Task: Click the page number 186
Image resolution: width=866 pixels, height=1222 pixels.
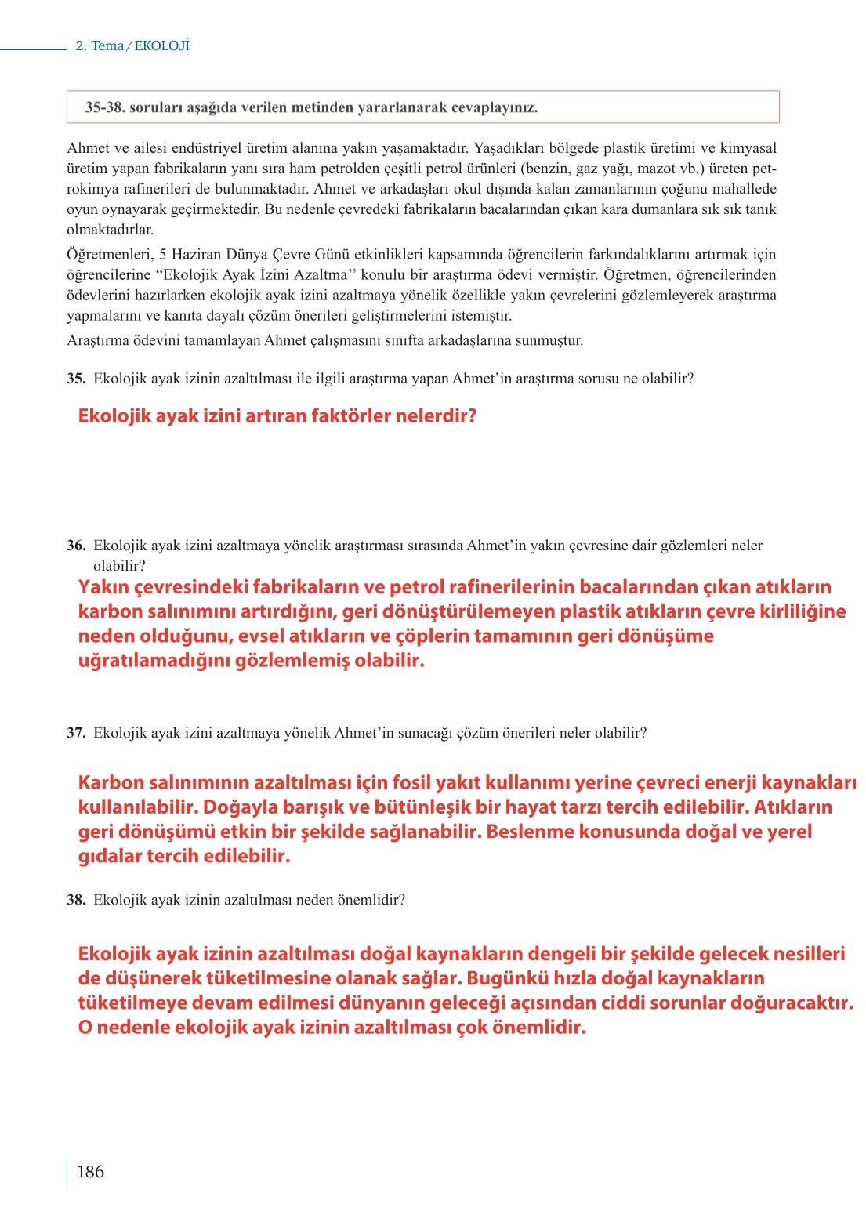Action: point(90,1172)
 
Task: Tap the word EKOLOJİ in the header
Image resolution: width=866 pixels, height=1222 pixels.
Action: point(162,45)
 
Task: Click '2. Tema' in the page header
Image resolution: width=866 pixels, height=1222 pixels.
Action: point(100,45)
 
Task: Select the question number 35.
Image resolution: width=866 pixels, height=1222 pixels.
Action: point(76,379)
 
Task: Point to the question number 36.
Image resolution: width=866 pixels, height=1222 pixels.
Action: point(76,546)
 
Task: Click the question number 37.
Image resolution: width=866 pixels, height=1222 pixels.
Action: point(76,733)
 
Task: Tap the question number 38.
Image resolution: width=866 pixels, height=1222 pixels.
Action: point(76,900)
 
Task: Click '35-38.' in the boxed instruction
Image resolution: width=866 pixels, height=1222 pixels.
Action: point(105,107)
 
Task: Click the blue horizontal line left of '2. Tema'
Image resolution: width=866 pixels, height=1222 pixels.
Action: point(33,50)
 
